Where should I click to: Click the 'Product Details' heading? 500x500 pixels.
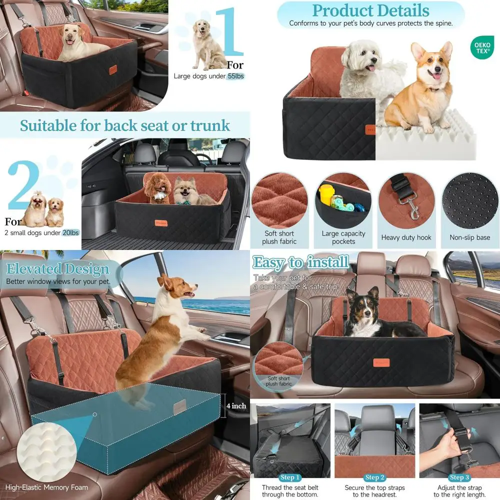pyautogui.click(x=370, y=10)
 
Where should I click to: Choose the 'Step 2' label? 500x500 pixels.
pyautogui.click(x=374, y=477)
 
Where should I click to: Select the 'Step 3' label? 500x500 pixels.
pyautogui.click(x=459, y=477)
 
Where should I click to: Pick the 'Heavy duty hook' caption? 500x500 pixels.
pyautogui.click(x=406, y=237)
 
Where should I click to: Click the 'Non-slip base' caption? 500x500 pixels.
pyautogui.click(x=469, y=237)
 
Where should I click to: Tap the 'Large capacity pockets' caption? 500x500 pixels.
pyautogui.click(x=343, y=237)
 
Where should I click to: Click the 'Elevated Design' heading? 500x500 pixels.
pyautogui.click(x=57, y=269)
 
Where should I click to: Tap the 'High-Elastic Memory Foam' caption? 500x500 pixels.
pyautogui.click(x=46, y=487)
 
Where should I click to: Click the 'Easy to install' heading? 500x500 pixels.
pyautogui.click(x=301, y=262)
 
